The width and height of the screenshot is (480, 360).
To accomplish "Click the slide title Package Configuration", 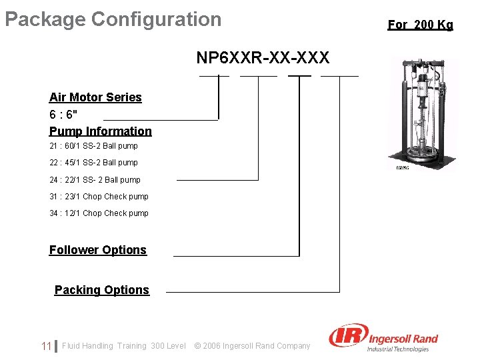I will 113,19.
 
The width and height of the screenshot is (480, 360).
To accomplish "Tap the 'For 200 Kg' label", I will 420,25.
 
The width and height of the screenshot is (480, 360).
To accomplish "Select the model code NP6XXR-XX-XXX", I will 263,58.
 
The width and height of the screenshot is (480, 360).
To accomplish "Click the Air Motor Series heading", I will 95,97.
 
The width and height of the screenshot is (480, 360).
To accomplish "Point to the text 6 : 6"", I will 63,114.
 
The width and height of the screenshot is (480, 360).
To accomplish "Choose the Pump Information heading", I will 101,131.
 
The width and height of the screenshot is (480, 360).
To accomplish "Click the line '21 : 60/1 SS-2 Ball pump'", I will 93,146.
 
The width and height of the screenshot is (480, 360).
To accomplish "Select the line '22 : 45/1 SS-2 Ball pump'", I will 93,163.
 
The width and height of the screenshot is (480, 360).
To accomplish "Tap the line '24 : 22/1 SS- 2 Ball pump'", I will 95,180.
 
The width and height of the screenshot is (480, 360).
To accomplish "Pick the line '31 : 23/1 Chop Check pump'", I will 99,197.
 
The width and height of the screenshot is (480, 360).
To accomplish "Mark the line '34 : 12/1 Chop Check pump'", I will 99,213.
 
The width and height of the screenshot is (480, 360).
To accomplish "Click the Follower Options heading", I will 97,250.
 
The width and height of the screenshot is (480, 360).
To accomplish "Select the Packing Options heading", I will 102,290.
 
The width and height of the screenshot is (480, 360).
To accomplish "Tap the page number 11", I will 46,346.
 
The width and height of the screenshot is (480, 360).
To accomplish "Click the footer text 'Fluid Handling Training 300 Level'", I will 124,346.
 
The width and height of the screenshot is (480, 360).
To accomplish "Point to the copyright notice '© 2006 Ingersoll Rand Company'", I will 252,346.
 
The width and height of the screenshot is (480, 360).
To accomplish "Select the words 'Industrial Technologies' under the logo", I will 398,349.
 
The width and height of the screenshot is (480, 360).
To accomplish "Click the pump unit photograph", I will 422,113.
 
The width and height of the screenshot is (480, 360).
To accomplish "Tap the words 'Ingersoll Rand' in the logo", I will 402,338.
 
